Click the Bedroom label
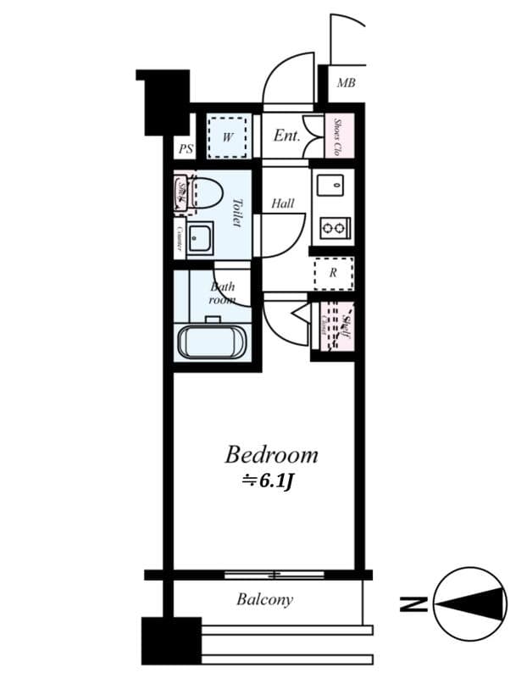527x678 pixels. click(271, 455)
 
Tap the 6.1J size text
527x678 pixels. click(269, 481)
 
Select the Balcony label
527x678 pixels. click(264, 600)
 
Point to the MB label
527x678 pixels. click(346, 83)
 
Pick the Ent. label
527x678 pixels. click(286, 135)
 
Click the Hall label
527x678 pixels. click(283, 203)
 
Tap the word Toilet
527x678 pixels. click(237, 213)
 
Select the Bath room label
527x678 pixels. click(222, 292)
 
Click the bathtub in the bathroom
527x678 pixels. click(212, 341)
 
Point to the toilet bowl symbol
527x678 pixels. click(205, 192)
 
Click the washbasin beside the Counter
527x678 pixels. click(202, 239)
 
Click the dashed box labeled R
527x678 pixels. click(332, 273)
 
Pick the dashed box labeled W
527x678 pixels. click(228, 136)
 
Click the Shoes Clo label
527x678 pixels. click(338, 136)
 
